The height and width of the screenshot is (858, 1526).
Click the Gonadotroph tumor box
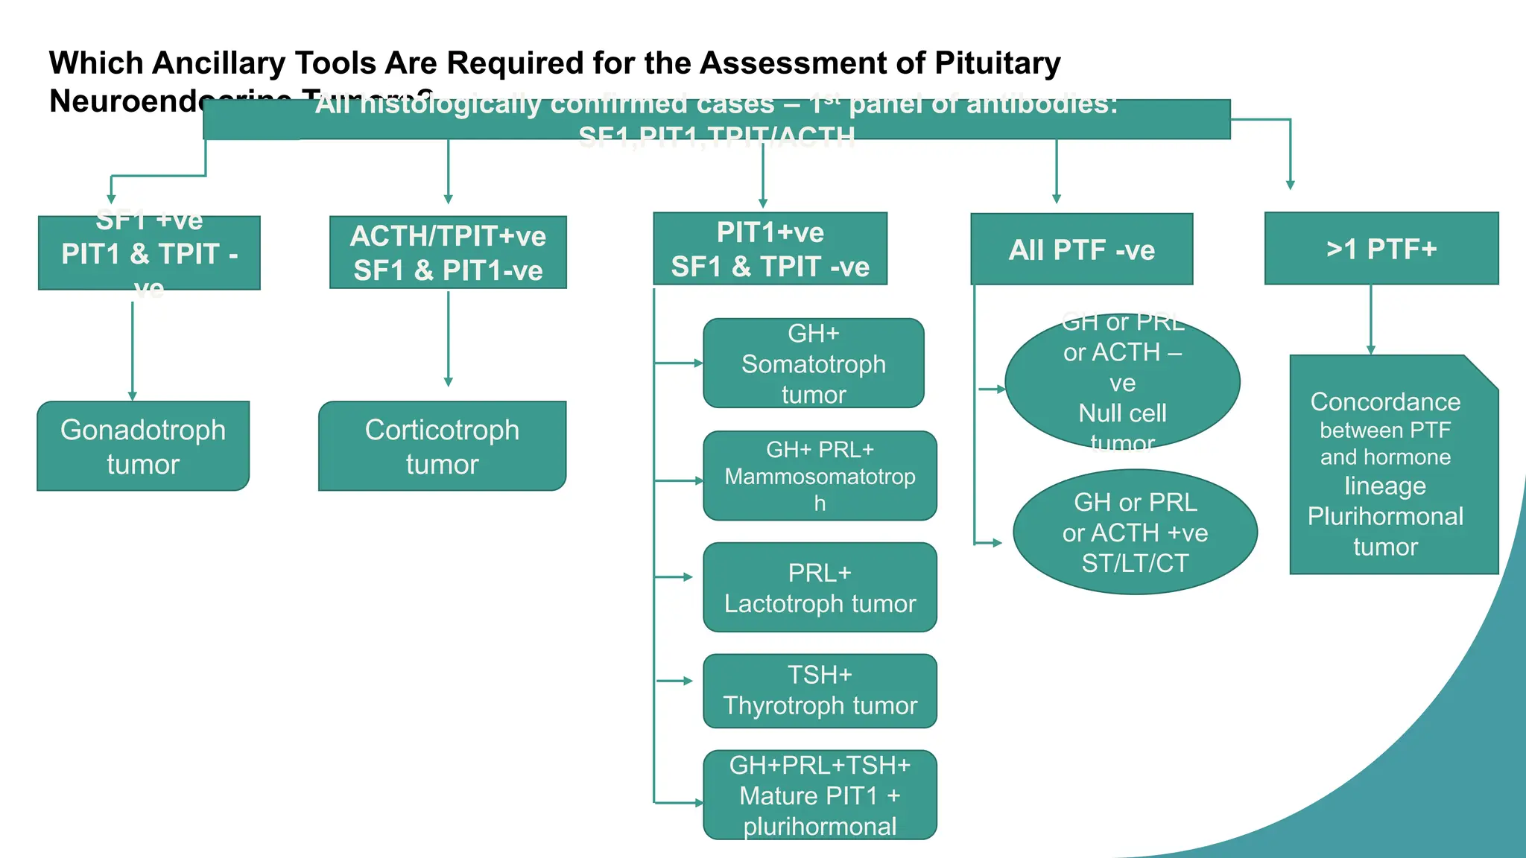pos(143,446)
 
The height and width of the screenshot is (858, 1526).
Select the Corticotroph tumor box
pos(442,446)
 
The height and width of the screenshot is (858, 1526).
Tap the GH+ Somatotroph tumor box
pos(814,363)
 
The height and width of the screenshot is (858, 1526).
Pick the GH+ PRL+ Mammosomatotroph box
pos(820,476)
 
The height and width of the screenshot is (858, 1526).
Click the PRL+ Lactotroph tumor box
pos(820,588)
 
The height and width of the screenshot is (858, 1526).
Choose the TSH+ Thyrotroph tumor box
pos(820,690)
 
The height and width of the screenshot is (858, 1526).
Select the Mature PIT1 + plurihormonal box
pos(820,795)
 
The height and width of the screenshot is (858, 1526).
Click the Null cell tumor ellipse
pos(1122,382)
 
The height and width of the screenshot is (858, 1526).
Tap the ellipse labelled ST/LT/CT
pos(1135,532)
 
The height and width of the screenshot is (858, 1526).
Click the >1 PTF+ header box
pos(1381,249)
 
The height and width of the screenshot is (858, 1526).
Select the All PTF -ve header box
pos(1081,250)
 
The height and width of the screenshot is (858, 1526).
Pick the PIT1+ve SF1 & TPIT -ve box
pos(770,249)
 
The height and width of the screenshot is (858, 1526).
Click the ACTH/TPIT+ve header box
pos(448,252)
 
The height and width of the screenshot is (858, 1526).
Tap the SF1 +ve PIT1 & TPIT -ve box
pos(149,253)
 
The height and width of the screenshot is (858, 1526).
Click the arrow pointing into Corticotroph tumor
pos(448,340)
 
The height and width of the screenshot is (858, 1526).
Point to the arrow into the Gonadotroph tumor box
pos(133,350)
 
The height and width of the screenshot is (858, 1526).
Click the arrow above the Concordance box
pos(1370,319)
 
